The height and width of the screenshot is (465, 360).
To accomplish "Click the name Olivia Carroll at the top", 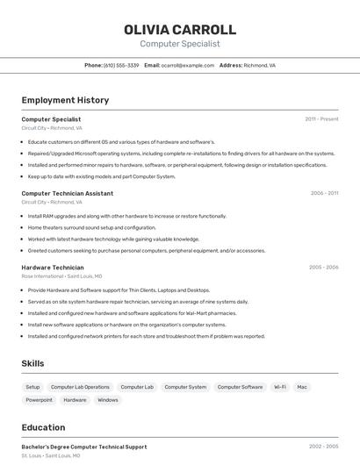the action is pos(180,29).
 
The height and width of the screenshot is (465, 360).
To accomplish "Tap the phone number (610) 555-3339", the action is pos(121,65).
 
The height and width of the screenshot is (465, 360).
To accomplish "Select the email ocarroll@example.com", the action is pos(187,65).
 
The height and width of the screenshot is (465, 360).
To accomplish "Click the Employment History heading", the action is pos(65,100).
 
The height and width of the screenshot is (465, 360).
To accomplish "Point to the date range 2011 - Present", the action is pos(321,119).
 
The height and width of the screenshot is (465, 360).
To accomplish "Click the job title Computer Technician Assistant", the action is pos(68,193).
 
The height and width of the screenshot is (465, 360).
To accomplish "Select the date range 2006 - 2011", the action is pos(324,193).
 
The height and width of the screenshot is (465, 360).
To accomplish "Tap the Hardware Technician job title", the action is pos(53,267).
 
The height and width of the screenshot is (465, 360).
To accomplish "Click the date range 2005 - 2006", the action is pos(323,267).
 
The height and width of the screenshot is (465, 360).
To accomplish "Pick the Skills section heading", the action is pos(33,363).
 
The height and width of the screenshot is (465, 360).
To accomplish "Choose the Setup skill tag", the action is pos(32,387).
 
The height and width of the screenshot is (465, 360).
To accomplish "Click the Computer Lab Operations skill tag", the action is pos(80,387).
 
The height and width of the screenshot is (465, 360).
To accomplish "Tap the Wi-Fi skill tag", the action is pos(279,387).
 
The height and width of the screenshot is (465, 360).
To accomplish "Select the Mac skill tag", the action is pos(302,387).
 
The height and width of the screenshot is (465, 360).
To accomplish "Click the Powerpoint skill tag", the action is pos(39,400).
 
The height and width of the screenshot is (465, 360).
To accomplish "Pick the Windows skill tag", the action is pos(107,400).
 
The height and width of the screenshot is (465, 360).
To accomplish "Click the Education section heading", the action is pos(43,427).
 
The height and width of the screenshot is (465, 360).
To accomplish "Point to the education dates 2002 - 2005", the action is pos(323,447).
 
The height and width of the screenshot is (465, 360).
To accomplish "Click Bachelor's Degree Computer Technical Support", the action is pos(84,447).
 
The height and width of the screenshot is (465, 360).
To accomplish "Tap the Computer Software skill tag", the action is pos(240,387).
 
